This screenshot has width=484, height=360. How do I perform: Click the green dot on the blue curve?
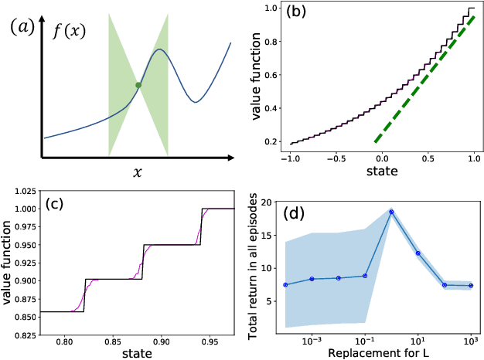coord(138,85)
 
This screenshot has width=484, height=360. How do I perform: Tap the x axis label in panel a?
coord(138,173)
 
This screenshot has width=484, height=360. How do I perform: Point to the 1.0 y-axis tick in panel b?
coord(270,8)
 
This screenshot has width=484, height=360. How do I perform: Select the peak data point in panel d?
coord(391,212)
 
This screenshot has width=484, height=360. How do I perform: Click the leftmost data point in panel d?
coord(285,285)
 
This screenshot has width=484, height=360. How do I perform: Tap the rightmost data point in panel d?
coord(470,286)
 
